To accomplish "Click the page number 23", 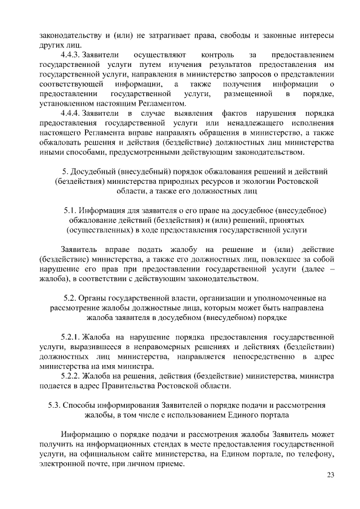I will point(331,476).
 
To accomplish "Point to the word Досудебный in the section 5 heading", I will point(92,171).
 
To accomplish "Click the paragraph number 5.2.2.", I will point(70,376).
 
